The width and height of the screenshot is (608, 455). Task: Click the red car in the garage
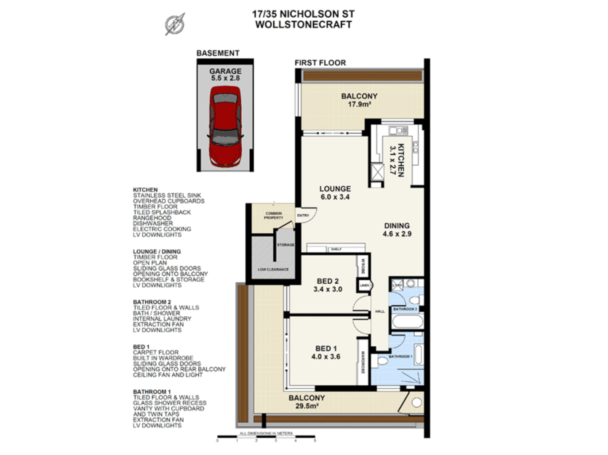tap(225, 126)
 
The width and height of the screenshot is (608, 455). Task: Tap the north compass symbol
tap(175, 24)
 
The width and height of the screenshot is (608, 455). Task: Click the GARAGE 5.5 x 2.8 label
tap(225, 75)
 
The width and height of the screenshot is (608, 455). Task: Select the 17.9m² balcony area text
tap(359, 104)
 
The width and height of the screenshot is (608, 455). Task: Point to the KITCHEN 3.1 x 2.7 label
tap(397, 160)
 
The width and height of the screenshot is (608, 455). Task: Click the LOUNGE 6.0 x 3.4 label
tap(335, 193)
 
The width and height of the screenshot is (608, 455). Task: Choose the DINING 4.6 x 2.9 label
tap(397, 230)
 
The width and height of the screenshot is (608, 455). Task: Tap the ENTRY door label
tap(303, 215)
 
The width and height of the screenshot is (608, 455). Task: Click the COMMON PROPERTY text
tap(273, 216)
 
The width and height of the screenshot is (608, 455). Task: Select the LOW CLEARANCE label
tap(273, 269)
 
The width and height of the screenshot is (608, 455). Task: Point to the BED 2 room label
tap(328, 285)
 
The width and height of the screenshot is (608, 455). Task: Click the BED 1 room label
tap(326, 352)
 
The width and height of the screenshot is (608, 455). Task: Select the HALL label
tap(380, 311)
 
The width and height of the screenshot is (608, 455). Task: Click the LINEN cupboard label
tap(365, 285)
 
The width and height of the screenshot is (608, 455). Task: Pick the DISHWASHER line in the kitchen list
tap(153, 223)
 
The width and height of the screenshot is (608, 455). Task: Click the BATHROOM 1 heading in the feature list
tap(152, 392)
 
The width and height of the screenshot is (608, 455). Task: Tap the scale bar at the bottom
tap(266, 436)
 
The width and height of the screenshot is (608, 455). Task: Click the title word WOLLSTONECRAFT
tap(303, 24)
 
